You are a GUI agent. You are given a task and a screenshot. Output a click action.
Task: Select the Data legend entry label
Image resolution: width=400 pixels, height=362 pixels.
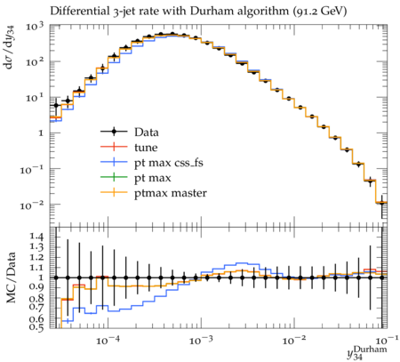[147, 133]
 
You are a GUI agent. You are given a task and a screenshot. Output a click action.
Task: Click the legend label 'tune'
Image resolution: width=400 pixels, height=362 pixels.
[146, 148]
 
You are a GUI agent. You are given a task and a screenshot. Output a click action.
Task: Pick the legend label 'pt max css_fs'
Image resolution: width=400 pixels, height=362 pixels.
[169, 163]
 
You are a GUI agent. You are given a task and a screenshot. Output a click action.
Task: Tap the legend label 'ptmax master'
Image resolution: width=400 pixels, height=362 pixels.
[171, 193]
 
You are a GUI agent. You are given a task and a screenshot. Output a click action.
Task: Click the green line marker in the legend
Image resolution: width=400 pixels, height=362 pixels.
[114, 177]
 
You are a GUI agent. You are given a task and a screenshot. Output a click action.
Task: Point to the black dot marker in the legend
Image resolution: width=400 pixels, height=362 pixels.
[114, 132]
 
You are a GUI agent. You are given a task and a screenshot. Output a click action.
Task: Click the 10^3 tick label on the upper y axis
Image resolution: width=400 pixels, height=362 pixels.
[35, 28]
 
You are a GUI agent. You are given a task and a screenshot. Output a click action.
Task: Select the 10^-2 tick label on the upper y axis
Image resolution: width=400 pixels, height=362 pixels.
[32, 205]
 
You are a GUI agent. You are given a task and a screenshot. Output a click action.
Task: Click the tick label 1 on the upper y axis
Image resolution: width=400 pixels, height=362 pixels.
[41, 133]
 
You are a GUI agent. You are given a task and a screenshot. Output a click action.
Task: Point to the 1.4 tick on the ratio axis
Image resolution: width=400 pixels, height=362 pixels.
[36, 237]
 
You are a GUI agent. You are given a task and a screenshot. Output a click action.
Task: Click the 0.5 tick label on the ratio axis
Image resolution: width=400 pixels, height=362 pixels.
[36, 326]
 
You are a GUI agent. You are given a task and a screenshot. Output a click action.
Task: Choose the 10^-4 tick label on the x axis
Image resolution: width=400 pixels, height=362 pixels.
[108, 341]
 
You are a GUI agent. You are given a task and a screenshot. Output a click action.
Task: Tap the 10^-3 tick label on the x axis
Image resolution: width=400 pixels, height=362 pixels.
[202, 341]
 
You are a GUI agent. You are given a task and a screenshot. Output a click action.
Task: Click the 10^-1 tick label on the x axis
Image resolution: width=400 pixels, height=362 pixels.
[386, 341]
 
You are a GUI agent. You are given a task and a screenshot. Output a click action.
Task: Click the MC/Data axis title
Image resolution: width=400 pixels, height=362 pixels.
[11, 278]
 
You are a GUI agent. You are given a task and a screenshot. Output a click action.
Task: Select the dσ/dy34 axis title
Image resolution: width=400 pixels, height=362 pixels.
[11, 47]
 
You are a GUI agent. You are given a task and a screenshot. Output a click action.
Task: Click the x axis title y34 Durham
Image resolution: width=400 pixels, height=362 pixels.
[367, 353]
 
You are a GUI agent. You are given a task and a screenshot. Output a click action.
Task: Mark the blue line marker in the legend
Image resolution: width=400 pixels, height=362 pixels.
[114, 162]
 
